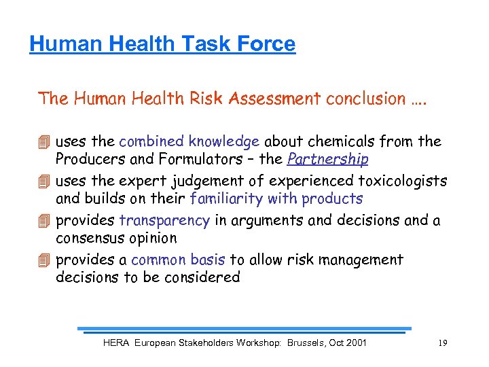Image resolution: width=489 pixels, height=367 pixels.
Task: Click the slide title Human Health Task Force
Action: click(162, 44)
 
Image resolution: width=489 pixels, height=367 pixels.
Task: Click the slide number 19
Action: click(442, 343)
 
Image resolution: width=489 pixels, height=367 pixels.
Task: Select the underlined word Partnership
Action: click(328, 160)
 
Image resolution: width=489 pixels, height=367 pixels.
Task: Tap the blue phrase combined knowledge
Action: click(189, 142)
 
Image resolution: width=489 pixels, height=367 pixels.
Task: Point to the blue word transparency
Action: click(164, 221)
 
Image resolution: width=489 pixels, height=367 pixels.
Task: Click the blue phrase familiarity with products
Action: click(276, 199)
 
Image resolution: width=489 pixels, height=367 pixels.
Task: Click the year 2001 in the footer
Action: click(355, 343)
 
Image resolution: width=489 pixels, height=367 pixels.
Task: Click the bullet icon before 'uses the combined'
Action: click(44, 143)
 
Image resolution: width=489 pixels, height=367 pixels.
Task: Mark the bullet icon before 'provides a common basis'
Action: click(44, 260)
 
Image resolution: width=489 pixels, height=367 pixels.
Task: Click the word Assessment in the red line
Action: click(274, 99)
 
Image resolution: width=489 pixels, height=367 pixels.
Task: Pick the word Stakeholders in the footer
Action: click(202, 343)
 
